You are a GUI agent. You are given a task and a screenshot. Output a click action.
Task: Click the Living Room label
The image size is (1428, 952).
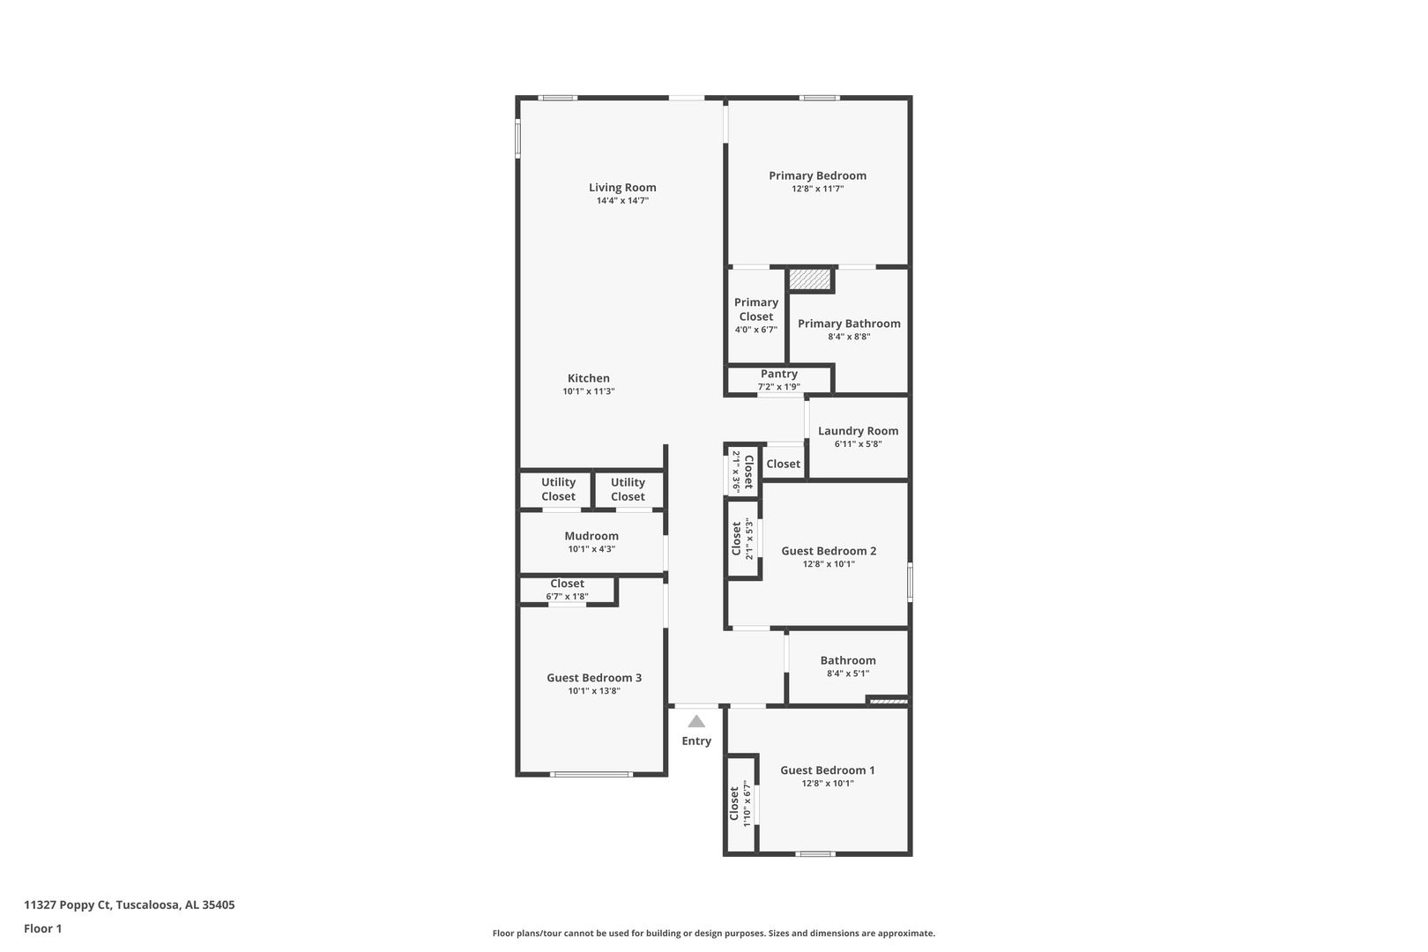coord(622,188)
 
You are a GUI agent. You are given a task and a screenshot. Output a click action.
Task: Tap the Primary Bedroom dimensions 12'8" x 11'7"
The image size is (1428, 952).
coord(817,189)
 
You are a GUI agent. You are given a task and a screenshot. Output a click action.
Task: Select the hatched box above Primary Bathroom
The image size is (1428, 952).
coord(811,279)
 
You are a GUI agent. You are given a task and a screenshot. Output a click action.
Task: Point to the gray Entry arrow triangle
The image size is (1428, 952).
coord(696,721)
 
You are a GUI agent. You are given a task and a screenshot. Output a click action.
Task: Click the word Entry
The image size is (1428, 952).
coord(696,741)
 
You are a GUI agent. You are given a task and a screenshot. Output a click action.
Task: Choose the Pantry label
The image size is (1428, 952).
coord(779,374)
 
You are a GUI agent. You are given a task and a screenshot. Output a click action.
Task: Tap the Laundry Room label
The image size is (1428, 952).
coord(858,431)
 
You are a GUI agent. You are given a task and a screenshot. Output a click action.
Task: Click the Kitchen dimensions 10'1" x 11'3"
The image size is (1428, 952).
coord(589,391)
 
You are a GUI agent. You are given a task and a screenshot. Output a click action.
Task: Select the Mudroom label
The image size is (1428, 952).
coord(591,536)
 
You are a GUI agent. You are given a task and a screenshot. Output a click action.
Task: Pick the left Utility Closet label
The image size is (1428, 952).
coord(559,489)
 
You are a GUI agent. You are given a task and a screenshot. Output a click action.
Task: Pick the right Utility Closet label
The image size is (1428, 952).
coord(628,489)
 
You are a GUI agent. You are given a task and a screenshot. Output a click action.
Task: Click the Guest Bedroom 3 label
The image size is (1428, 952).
coord(594,678)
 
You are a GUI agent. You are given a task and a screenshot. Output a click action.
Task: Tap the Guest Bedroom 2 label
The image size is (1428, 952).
coord(829,551)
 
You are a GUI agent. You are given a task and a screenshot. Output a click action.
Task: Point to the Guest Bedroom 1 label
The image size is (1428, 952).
coord(828,770)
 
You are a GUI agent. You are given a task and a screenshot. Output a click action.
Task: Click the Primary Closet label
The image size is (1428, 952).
coord(756,309)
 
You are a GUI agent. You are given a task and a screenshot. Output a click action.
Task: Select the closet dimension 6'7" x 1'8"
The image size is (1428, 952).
coord(568,597)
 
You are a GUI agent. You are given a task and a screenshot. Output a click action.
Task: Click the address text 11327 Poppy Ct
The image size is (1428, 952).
coord(68,904)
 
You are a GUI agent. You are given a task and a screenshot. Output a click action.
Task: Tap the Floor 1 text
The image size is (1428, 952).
coord(42,928)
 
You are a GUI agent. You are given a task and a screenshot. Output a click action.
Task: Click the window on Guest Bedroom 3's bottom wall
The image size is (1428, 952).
coord(591,774)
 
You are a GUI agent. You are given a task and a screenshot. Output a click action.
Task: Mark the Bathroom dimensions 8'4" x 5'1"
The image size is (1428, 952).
coord(848,673)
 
